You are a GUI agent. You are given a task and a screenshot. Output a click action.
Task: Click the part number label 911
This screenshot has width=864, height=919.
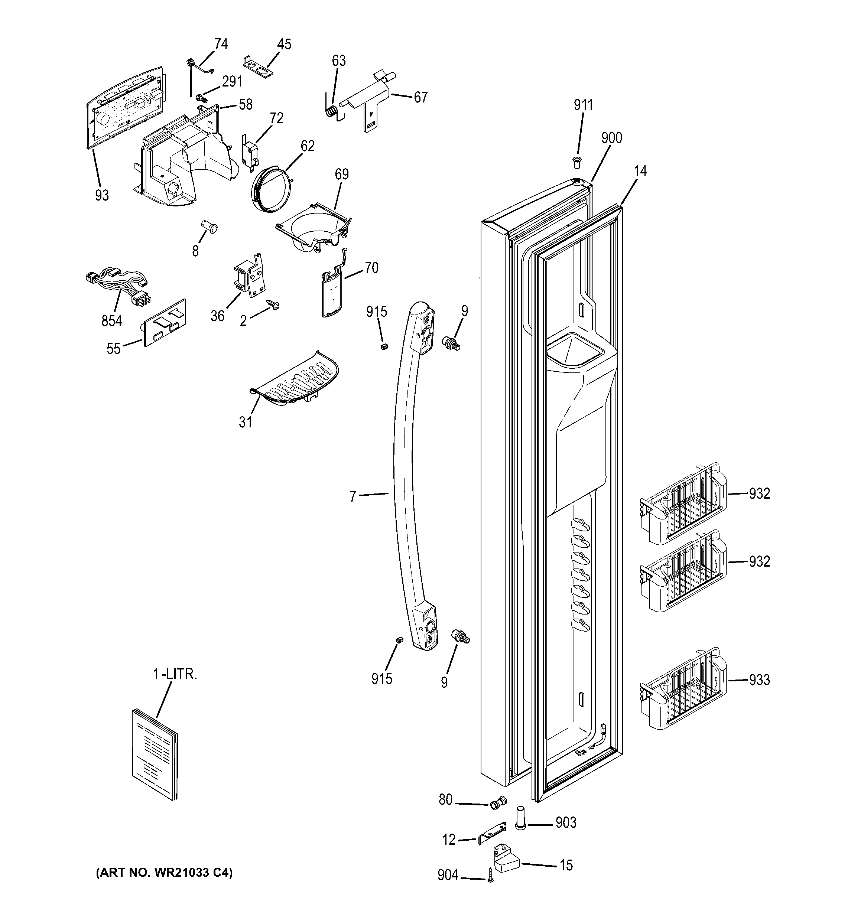pyautogui.click(x=583, y=105)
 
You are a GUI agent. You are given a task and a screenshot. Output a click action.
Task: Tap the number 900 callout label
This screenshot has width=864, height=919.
pyautogui.click(x=611, y=138)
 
